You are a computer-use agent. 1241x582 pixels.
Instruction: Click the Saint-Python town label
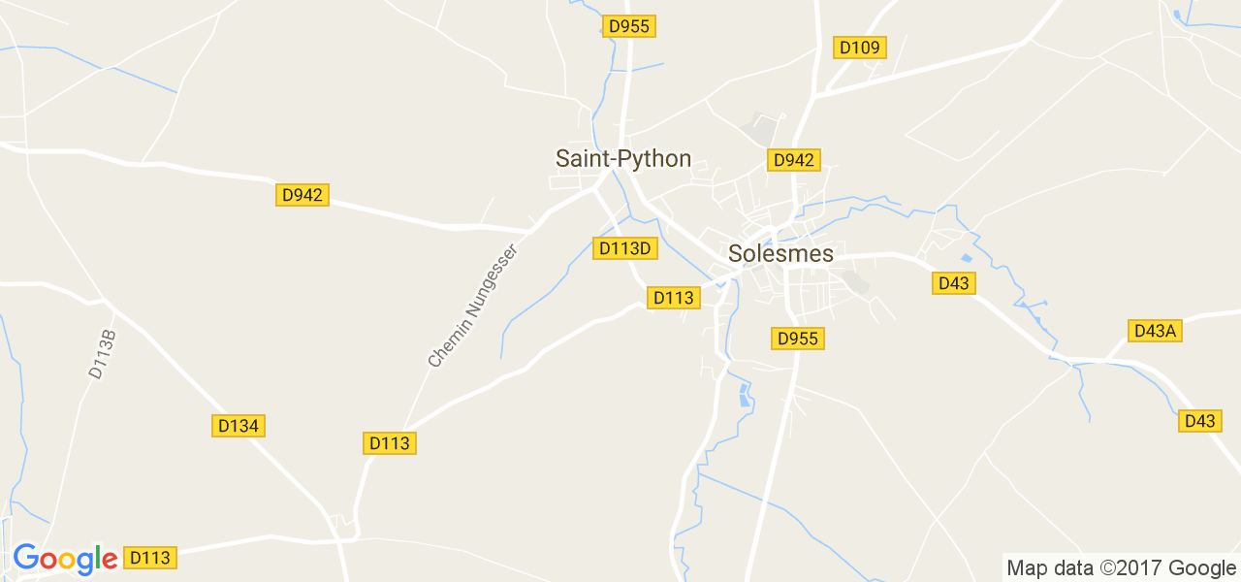[623, 158]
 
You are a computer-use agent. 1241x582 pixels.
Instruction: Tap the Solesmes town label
[780, 253]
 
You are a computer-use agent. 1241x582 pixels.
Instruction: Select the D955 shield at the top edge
[629, 26]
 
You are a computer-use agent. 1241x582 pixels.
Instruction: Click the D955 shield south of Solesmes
[799, 339]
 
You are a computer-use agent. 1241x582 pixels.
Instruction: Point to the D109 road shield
[859, 48]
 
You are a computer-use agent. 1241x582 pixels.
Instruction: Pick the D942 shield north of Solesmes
[793, 160]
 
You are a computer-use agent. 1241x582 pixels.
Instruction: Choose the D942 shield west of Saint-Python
[302, 195]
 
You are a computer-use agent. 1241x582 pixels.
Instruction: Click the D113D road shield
[625, 248]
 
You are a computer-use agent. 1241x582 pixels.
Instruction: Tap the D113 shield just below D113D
[673, 298]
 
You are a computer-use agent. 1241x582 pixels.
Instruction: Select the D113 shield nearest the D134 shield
[390, 443]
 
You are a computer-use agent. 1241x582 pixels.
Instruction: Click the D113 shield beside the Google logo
[150, 558]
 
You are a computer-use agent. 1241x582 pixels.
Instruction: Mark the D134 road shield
[239, 426]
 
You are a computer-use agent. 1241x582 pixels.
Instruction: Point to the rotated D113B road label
[102, 354]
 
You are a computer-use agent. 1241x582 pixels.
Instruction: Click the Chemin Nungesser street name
[473, 306]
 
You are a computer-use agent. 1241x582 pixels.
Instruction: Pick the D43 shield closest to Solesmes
[954, 283]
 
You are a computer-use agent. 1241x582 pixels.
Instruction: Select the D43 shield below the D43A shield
[1200, 421]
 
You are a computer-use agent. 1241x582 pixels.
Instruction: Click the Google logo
[65, 559]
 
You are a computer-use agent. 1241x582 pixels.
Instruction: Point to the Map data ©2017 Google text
[1121, 568]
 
